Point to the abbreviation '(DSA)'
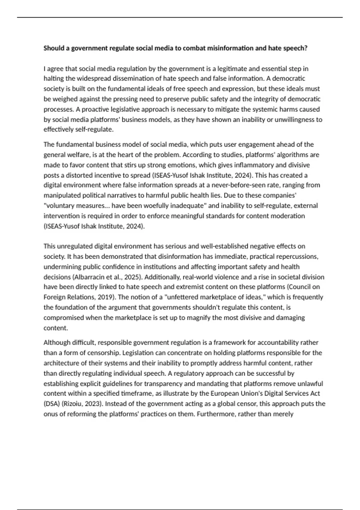[x=52, y=404]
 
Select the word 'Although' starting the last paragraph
[x=55, y=343]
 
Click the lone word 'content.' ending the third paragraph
[x=56, y=328]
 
